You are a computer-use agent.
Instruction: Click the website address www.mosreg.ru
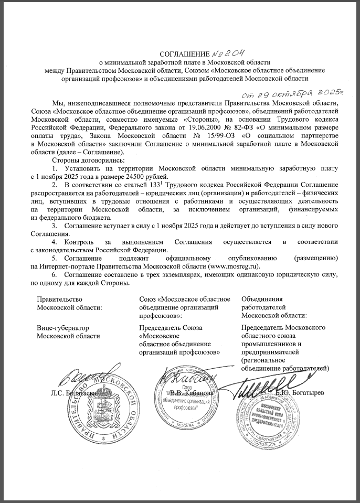(x=236, y=266)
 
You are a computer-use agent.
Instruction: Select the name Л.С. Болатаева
(x=73, y=392)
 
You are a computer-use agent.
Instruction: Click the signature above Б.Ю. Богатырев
(x=251, y=388)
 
